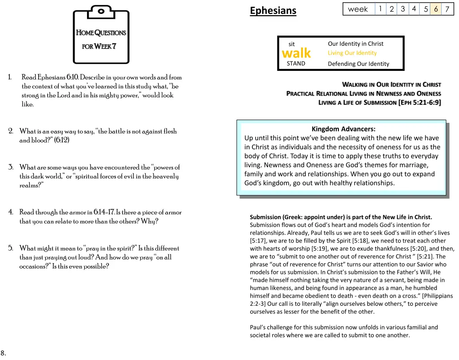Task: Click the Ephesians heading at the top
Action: [273, 10]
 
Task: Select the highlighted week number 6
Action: [436, 9]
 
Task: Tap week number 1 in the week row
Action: [380, 9]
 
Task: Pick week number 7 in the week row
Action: [447, 9]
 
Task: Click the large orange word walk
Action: [296, 53]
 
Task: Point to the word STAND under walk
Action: [296, 64]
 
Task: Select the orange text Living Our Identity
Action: [352, 53]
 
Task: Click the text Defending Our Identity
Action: [359, 64]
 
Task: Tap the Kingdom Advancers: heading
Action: [343, 129]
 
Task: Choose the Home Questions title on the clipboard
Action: [101, 33]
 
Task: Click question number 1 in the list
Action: [10, 78]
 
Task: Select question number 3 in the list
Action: [10, 168]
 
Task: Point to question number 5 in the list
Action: [10, 248]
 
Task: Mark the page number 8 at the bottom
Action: [3, 352]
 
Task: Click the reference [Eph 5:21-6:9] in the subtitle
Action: [419, 103]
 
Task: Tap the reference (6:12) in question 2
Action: [62, 140]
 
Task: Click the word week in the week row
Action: [358, 9]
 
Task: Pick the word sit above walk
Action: [291, 44]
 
